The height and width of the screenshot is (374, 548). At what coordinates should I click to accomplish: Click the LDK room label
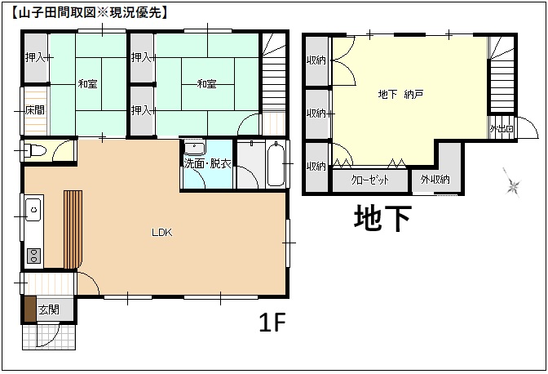161,233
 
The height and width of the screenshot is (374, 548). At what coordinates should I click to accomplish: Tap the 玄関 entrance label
49,309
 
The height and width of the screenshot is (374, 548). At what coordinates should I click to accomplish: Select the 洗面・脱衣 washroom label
208,163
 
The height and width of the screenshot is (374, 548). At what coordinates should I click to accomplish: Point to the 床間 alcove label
34,110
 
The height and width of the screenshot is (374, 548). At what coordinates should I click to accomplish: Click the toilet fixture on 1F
34,151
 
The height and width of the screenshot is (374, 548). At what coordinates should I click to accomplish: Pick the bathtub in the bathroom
275,163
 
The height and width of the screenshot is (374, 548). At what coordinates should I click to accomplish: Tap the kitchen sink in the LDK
33,209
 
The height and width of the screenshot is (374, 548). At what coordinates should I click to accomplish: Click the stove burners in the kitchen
33,254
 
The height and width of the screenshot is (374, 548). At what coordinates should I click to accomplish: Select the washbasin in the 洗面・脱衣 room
194,149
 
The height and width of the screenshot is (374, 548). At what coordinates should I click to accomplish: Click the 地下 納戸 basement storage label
400,95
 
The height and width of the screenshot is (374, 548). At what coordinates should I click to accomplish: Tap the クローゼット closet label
369,180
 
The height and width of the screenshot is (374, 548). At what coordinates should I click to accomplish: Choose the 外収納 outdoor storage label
435,180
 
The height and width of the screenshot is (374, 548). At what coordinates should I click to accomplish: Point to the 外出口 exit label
501,129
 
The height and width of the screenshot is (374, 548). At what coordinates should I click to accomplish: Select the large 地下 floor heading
382,218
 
